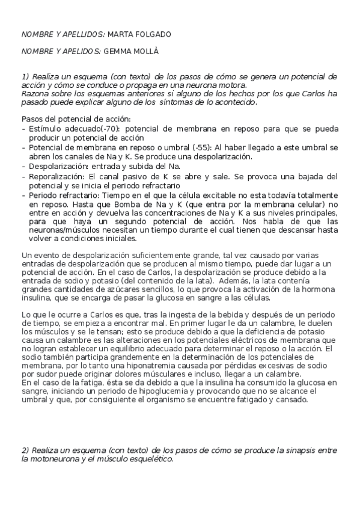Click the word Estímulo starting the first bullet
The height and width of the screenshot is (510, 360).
(x=46, y=129)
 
